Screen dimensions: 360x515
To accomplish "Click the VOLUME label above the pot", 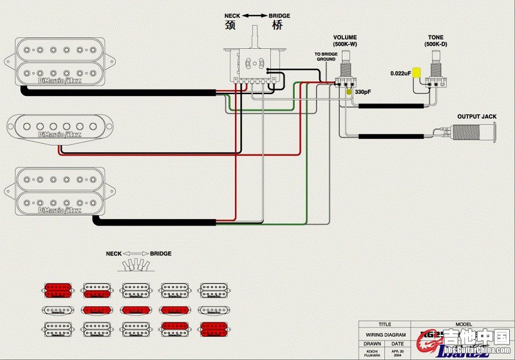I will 345,37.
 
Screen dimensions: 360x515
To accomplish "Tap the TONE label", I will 436,37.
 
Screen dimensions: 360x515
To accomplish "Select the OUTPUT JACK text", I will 476,117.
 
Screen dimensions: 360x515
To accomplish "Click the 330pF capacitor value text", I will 363,93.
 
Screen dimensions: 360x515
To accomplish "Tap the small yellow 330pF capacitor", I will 350,93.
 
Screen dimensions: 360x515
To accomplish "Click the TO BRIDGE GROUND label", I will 325,57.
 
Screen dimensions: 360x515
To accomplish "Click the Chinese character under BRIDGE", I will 277,26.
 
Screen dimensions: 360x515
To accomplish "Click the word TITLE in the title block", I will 384,325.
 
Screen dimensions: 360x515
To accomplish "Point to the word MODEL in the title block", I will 464,325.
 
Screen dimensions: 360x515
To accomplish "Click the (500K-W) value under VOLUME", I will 345,44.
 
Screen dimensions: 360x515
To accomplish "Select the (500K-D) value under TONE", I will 436,44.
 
